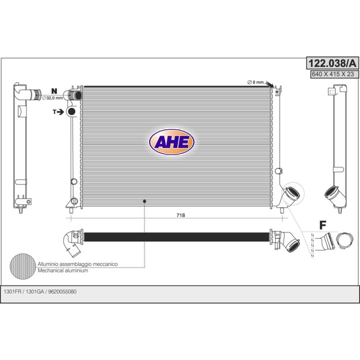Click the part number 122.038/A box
332,63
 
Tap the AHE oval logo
171,142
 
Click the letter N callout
54,91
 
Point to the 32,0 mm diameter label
52,98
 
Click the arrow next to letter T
60,112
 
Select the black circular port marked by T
72,111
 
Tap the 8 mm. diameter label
256,82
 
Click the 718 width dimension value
180,215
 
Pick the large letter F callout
323,225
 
